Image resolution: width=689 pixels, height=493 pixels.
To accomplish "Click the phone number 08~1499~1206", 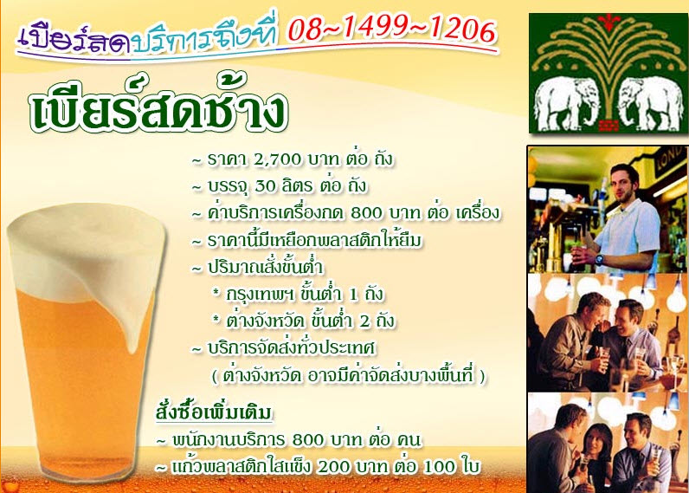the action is click(x=392, y=30).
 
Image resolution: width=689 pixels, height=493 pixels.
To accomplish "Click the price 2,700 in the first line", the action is click(x=277, y=160).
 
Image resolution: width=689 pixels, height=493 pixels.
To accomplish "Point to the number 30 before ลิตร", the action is click(x=265, y=186).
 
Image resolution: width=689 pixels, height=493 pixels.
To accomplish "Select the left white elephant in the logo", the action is click(x=567, y=103).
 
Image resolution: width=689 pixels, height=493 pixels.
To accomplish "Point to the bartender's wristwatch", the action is click(x=599, y=259).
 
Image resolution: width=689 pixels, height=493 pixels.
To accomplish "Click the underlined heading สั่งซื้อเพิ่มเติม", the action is click(x=214, y=412).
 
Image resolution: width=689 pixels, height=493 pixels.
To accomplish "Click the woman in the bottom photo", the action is click(x=597, y=457).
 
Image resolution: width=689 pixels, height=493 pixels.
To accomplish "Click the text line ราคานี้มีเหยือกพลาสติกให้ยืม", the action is click(x=314, y=241).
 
